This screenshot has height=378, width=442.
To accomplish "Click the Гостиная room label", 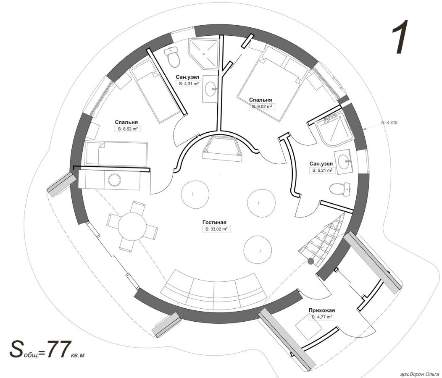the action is click(x=214, y=223).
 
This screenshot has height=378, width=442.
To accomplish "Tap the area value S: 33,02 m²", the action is click(x=216, y=229).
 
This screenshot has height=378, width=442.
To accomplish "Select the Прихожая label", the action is click(x=322, y=310).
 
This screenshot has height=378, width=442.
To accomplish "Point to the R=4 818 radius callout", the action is click(x=389, y=123).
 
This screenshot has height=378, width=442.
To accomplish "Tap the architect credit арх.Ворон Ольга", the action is click(x=420, y=374).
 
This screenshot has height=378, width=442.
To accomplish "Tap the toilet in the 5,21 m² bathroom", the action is click(x=339, y=189).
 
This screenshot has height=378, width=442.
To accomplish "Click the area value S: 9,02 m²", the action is click(x=261, y=107).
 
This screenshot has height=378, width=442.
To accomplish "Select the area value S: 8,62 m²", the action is click(x=127, y=129).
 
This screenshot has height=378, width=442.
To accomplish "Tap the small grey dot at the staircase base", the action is click(x=310, y=261).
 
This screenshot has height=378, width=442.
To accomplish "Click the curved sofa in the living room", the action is click(x=213, y=289).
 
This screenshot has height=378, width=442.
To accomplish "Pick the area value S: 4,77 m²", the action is click(x=322, y=317).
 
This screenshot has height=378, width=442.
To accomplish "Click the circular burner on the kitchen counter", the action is click(x=114, y=180).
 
